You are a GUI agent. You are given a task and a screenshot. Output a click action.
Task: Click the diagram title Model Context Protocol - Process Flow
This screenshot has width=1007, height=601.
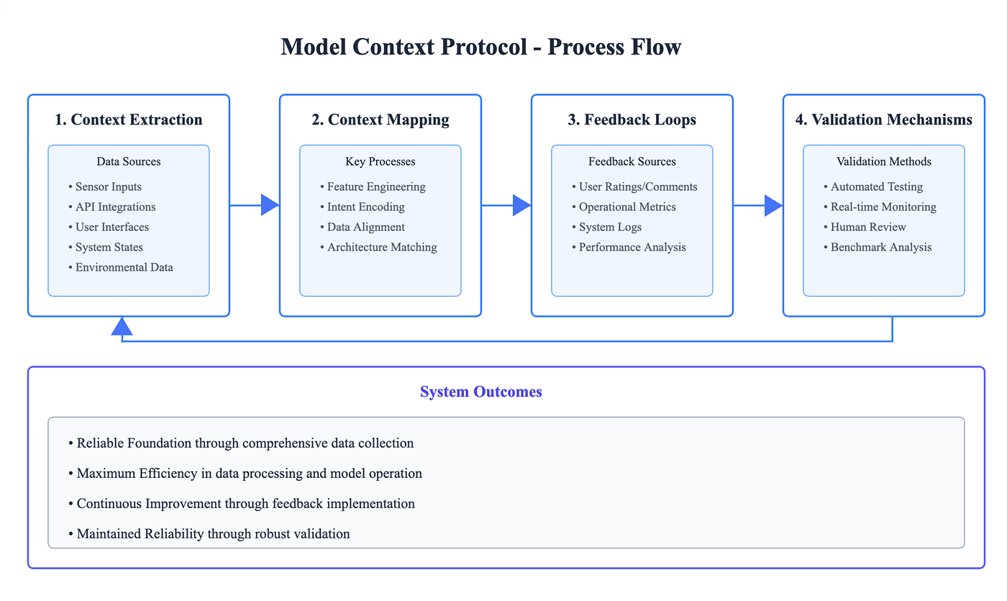pos(481,48)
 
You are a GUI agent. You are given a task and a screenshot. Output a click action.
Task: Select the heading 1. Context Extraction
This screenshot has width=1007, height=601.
pos(129,119)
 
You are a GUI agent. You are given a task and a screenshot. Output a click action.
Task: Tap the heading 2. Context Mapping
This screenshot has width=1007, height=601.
pos(381,119)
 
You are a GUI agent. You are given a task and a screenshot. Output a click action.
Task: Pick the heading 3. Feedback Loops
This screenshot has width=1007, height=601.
pos(632,119)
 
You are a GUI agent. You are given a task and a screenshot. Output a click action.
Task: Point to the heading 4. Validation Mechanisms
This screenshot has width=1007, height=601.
pos(884,119)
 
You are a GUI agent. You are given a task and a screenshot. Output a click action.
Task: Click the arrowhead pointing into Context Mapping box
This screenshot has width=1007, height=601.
pos(270,205)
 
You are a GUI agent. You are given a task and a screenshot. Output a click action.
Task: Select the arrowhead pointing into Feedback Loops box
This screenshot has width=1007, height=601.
pos(521,205)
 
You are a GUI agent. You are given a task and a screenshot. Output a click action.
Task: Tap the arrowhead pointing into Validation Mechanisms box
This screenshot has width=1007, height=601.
pos(773,205)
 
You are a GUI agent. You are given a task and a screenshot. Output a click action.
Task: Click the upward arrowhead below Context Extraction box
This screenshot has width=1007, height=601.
pos(122,327)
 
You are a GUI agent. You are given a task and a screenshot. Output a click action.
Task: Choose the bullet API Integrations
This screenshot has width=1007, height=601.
pos(115,207)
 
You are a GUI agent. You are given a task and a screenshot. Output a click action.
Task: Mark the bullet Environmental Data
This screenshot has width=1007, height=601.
pos(124,267)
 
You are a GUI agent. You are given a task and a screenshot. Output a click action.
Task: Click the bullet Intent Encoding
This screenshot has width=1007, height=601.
pos(365,207)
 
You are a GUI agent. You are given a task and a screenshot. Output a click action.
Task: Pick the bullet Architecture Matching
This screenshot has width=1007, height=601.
pos(382,247)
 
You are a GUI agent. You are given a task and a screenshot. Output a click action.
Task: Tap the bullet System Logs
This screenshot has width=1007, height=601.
pos(610,227)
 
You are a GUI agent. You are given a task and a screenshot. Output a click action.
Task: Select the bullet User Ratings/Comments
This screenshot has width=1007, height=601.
pos(638,186)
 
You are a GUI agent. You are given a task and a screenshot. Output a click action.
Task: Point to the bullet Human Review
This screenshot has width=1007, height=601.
pos(868,227)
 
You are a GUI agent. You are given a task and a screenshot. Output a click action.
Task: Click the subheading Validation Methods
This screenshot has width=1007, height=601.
pos(884,161)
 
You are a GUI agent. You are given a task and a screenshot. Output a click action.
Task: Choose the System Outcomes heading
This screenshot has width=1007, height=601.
pos(481,392)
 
